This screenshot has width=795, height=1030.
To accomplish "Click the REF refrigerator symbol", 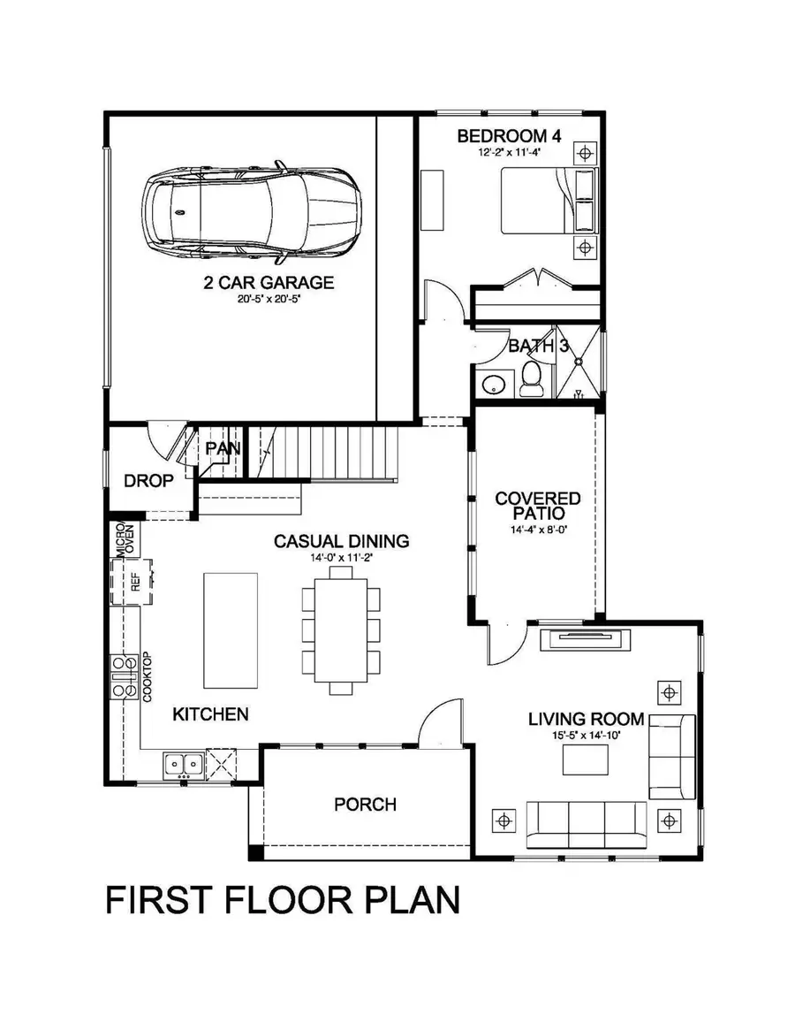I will pyautogui.click(x=134, y=582).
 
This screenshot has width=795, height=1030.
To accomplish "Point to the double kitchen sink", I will pyautogui.click(x=184, y=762).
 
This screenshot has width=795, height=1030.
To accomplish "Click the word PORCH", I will pyautogui.click(x=365, y=805).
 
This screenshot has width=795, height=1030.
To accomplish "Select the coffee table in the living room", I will pyautogui.click(x=587, y=758).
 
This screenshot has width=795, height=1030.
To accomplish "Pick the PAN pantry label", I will pyautogui.click(x=223, y=448).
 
